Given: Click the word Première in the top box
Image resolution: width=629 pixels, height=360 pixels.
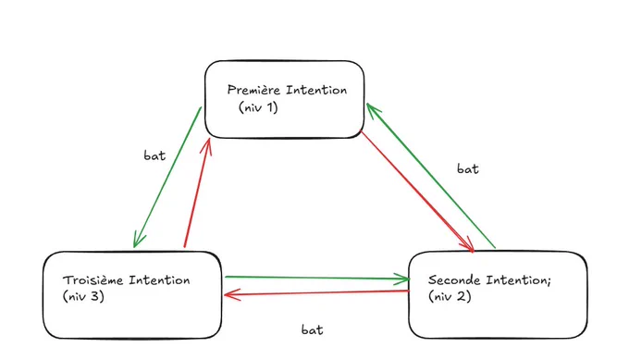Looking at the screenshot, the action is pos(254,90).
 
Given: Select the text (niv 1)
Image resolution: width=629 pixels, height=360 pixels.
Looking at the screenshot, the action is pos(258,107).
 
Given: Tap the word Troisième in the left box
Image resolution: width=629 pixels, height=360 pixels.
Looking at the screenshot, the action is pos(92,279).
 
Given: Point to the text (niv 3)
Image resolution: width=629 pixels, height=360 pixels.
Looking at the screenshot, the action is pos(83,296).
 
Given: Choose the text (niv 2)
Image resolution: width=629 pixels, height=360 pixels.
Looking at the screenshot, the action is pos(450,296).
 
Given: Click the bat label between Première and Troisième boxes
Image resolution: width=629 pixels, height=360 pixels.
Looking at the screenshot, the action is pos(154,155).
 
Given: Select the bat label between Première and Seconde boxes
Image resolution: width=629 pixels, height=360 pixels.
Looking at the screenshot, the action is pos(468,168).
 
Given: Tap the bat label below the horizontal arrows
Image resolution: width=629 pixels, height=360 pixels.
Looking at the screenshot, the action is pos(312,329).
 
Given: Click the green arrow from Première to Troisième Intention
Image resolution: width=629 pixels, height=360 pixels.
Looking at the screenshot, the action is pos(167,177).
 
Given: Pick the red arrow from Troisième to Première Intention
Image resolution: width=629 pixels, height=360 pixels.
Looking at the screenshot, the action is pos(197,192).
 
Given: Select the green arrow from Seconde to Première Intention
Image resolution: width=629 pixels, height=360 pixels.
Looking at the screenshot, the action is pos(431,176).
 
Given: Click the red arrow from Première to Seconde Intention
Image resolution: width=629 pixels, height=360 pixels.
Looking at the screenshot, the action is pos(417,192).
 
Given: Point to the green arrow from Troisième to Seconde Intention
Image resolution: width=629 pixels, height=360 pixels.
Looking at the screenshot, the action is pos(317,278).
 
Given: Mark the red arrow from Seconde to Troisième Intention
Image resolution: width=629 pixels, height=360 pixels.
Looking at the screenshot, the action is pos(316,293).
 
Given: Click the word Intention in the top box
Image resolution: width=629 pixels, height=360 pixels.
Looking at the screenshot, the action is pos(316,90).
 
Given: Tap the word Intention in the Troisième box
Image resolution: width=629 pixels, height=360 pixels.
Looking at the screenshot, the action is pos(159,279).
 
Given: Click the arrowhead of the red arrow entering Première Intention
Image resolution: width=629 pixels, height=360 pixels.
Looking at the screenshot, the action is pos(207,145).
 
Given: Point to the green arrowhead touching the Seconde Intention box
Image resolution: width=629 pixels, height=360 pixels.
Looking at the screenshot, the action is pos(402,279).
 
